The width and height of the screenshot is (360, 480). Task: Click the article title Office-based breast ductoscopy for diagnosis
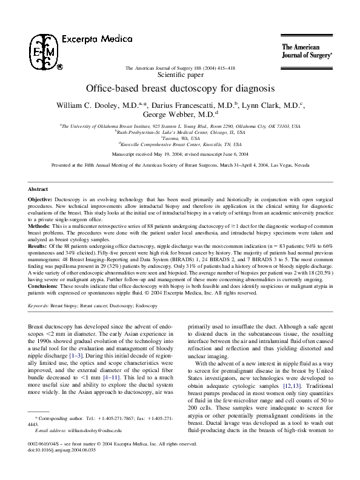[181, 88]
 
